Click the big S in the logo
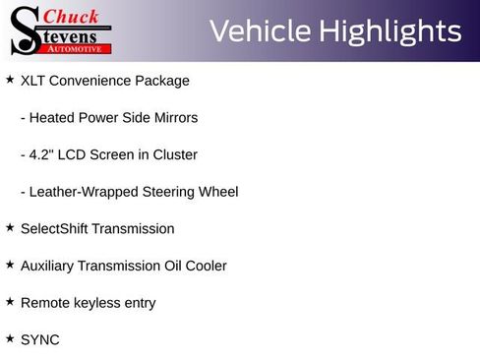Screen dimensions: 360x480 [x=25, y=31]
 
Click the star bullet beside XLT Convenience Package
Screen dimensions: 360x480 [x=10, y=80]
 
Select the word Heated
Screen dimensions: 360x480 [x=53, y=118]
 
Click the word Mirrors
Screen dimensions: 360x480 [x=173, y=118]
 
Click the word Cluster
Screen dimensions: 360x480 [x=175, y=154]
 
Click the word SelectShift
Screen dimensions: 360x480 [x=54, y=228]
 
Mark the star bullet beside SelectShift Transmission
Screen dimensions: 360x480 [x=10, y=227]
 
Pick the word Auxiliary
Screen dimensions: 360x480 [x=49, y=266]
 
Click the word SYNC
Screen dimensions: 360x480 [x=40, y=339]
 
